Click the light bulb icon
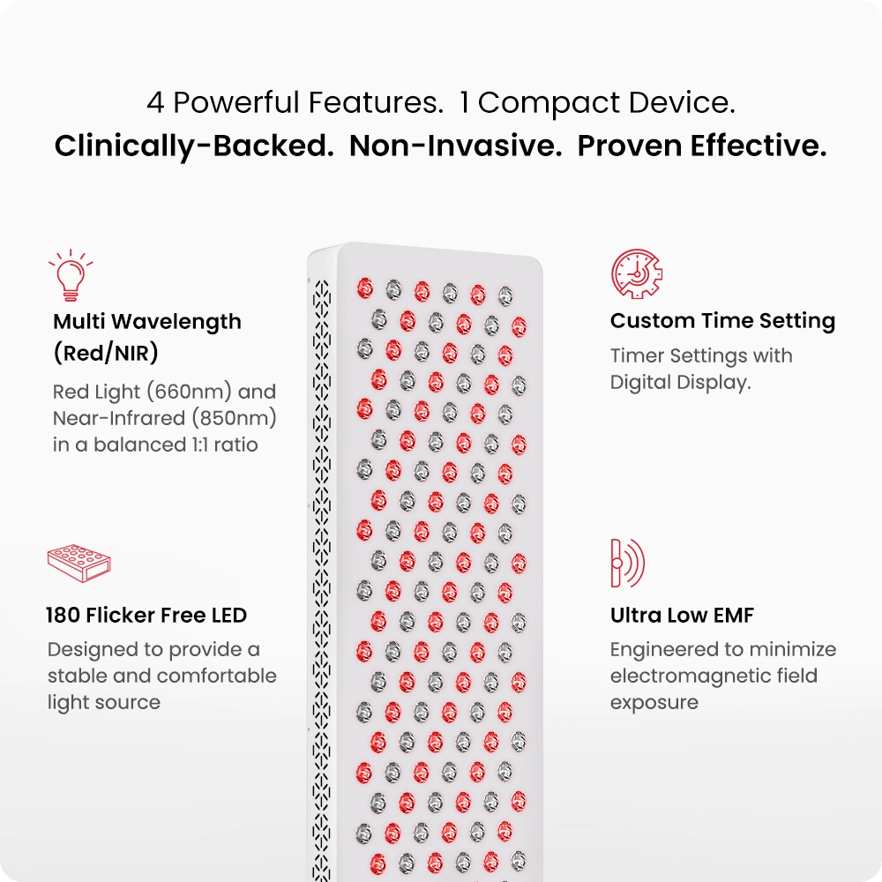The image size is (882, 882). pyautogui.click(x=71, y=275)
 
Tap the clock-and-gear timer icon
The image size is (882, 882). pyautogui.click(x=636, y=274)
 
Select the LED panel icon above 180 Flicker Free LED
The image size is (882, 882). pyautogui.click(x=78, y=563)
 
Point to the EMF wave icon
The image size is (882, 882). pyautogui.click(x=627, y=563)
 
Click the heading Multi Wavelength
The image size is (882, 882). pyautogui.click(x=147, y=322)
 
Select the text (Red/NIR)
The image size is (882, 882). pyautogui.click(x=106, y=354)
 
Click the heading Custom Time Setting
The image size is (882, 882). pyautogui.click(x=723, y=321)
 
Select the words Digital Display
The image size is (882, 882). pyautogui.click(x=681, y=383)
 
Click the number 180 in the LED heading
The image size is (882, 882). pyautogui.click(x=63, y=616)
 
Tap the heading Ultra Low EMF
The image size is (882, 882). pyautogui.click(x=682, y=616)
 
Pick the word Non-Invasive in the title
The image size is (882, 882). pyautogui.click(x=456, y=146)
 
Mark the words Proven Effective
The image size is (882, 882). pyautogui.click(x=702, y=146)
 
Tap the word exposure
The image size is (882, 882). pyautogui.click(x=654, y=703)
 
